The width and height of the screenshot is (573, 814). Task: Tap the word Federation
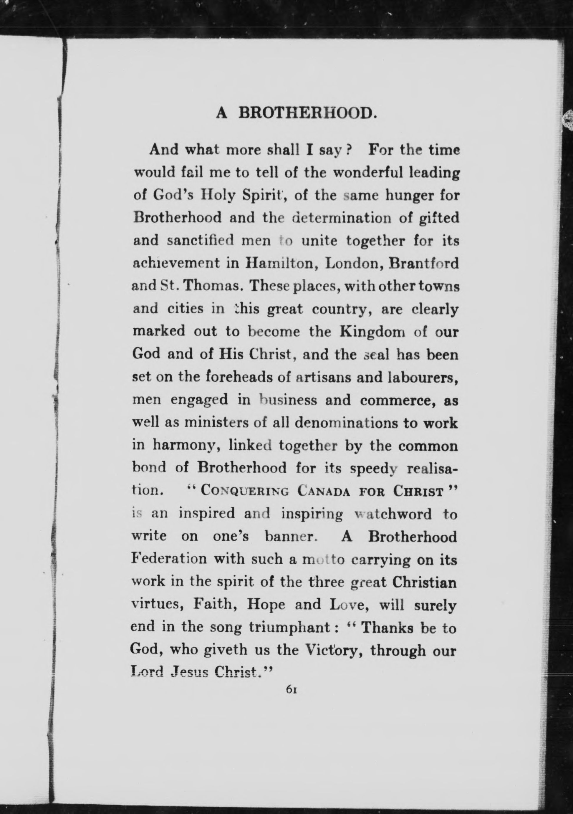pos(169,559)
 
